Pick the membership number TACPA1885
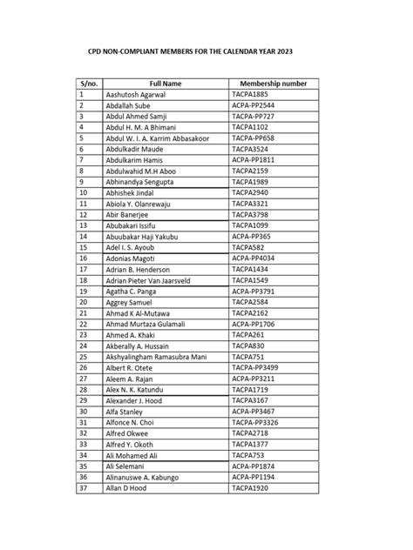(252, 94)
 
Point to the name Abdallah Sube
(130, 104)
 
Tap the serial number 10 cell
(83, 192)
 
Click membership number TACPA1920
(252, 488)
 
